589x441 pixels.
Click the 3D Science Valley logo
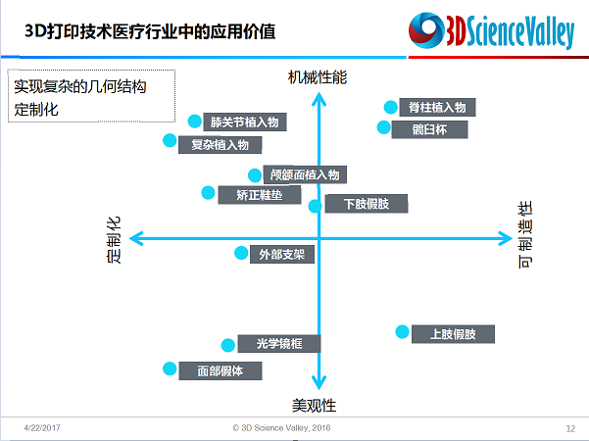491,30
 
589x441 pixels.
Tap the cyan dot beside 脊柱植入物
391,108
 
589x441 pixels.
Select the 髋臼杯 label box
429,129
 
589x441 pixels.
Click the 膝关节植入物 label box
245,122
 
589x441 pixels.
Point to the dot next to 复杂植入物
170,140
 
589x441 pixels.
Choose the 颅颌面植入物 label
305,174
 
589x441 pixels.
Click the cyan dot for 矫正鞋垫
208,193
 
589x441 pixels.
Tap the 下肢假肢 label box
367,204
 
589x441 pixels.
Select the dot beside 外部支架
241,253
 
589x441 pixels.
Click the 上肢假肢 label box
453,334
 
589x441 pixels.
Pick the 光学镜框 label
279,343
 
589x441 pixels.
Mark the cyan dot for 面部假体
170,368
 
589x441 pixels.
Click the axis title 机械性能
318,77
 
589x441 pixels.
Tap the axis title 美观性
314,406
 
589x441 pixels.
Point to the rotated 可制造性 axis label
525,235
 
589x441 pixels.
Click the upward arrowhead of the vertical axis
319,99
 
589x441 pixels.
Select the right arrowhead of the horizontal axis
506,238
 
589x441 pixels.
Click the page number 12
570,428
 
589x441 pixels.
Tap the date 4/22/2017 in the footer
42,427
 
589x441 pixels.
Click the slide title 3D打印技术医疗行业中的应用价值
150,31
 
